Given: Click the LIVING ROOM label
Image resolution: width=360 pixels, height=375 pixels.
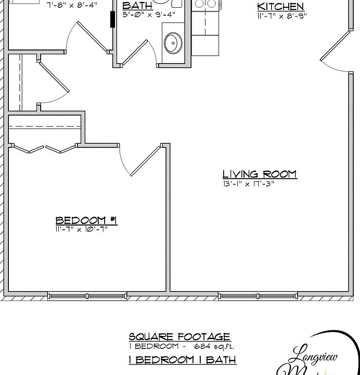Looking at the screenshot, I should (259, 174).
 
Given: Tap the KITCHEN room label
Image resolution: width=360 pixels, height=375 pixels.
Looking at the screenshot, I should (280, 7).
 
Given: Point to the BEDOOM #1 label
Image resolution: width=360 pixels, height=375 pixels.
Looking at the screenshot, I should (86, 220).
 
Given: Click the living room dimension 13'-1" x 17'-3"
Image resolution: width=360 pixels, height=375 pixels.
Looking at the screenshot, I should (248, 183).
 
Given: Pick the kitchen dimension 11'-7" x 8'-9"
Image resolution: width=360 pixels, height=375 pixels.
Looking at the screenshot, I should (282, 16).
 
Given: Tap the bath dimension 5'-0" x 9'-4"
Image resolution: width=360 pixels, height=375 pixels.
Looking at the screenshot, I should (149, 15).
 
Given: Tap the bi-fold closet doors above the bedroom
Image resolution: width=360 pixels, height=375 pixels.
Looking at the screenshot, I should (44, 149).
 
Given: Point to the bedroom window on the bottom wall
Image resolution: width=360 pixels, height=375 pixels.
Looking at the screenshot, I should (86, 296).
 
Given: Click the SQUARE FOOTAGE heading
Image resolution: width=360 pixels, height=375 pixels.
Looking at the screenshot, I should (179, 337).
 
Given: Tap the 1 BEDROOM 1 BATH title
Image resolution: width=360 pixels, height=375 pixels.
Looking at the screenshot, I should (182, 359).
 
